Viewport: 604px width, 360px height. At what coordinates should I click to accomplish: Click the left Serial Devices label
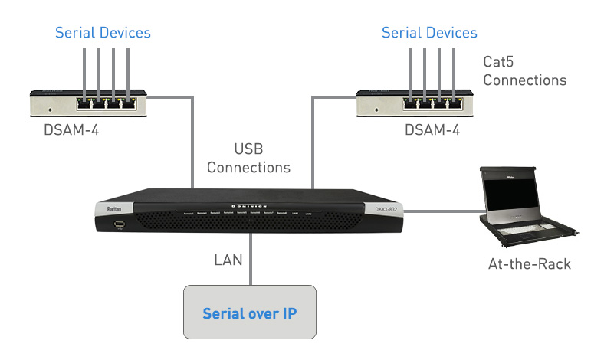(x=103, y=33)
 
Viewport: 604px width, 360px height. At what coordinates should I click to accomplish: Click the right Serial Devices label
(x=429, y=33)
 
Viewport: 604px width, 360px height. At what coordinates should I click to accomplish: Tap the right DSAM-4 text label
(x=432, y=131)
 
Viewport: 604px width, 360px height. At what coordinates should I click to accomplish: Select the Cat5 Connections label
(x=524, y=70)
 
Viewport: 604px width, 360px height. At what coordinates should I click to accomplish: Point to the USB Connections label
(x=248, y=158)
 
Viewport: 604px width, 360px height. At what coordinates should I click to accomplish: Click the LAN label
(x=228, y=260)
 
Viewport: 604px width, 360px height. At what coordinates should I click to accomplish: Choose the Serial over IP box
(x=249, y=313)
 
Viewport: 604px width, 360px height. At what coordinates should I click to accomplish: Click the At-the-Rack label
(x=529, y=264)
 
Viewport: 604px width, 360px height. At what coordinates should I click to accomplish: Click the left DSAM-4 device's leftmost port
(x=83, y=101)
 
